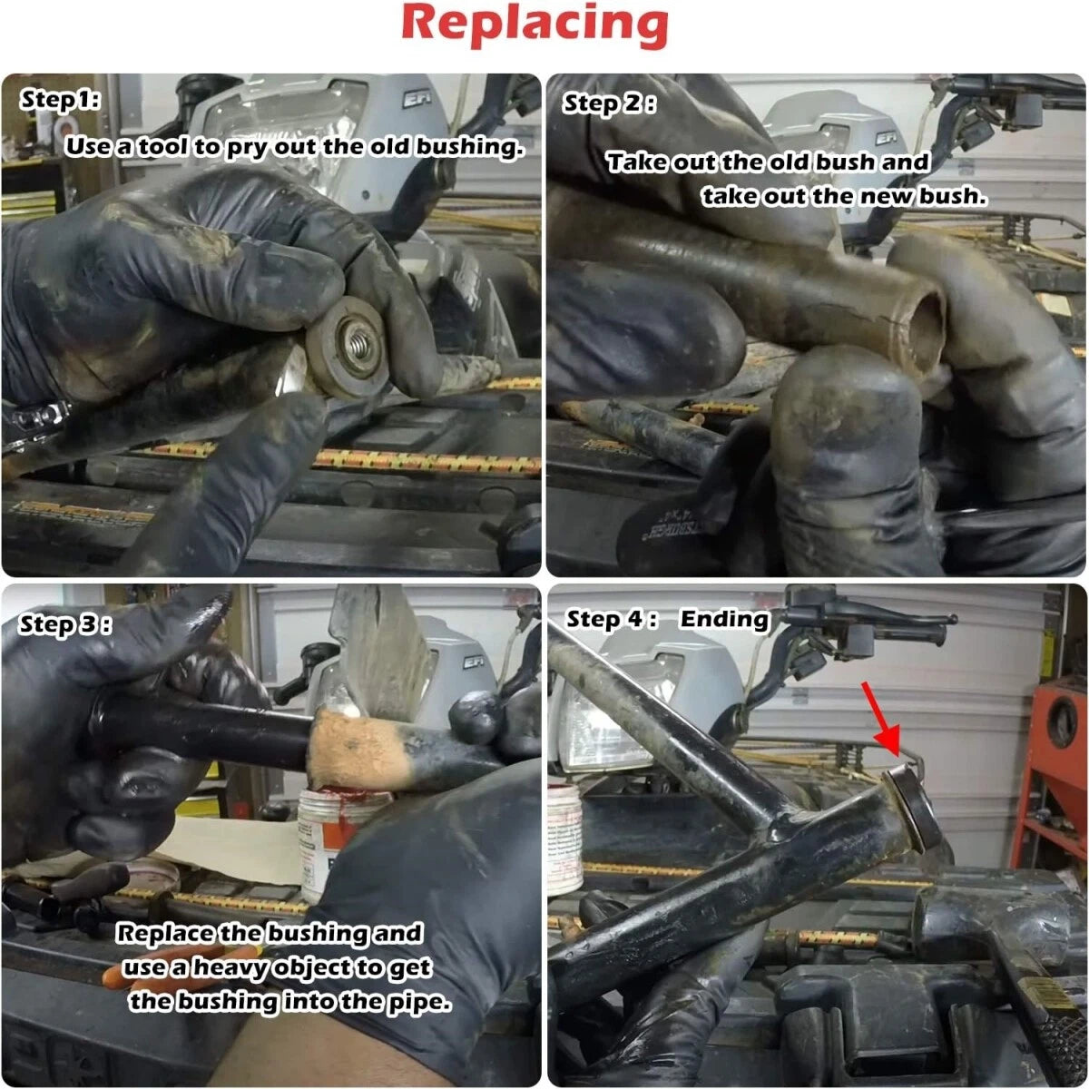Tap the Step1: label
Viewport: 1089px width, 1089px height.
click(60, 100)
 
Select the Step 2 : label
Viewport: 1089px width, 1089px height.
click(609, 104)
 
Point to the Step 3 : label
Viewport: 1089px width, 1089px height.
click(65, 625)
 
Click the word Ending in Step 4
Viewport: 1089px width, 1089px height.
click(724, 619)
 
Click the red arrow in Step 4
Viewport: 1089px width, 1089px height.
click(881, 719)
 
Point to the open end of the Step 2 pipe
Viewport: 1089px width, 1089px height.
click(926, 328)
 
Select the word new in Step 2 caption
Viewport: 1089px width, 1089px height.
click(888, 196)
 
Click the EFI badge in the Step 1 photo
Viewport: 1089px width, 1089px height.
click(417, 100)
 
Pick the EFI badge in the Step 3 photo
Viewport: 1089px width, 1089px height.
click(473, 662)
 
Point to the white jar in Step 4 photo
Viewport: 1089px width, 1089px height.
click(564, 839)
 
